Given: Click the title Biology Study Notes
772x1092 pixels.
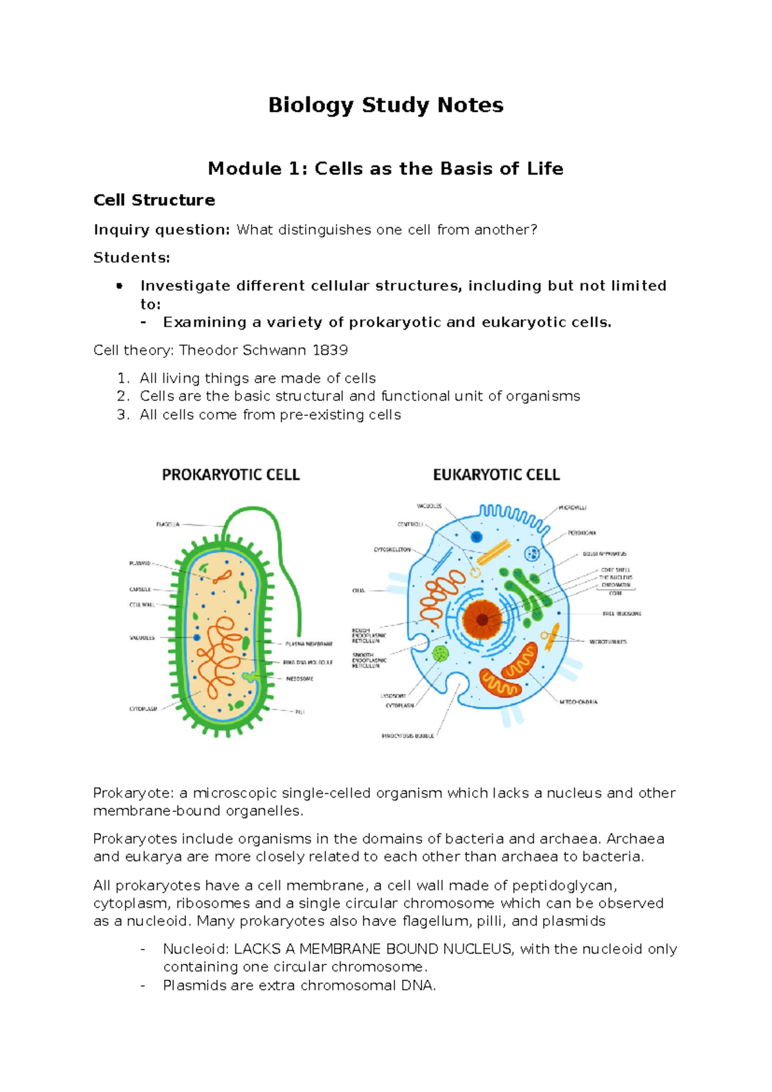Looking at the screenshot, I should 385,105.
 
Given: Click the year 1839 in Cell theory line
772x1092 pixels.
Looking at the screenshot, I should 330,350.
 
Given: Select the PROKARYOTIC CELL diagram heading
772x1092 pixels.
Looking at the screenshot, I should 230,475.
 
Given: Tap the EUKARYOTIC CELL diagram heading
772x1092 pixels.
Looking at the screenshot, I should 496,475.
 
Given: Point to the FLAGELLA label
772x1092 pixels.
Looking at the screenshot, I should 168,524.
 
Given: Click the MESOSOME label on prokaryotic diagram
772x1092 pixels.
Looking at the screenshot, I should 300,679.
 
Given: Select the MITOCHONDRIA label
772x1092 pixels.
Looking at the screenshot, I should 578,702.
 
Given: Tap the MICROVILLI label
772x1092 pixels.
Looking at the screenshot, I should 572,508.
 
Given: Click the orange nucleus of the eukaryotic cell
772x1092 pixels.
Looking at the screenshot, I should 482,619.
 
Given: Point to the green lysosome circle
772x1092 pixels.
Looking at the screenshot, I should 441,654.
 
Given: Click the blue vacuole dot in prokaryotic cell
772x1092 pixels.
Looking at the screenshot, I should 197,637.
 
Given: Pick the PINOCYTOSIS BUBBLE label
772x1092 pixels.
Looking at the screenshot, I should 408,735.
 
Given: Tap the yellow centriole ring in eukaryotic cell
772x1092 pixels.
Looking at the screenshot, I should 475,572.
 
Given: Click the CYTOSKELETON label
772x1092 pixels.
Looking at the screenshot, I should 392,550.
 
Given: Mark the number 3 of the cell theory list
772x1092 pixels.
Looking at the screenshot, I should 122,415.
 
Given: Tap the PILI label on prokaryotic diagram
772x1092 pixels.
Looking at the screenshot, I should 300,711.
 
